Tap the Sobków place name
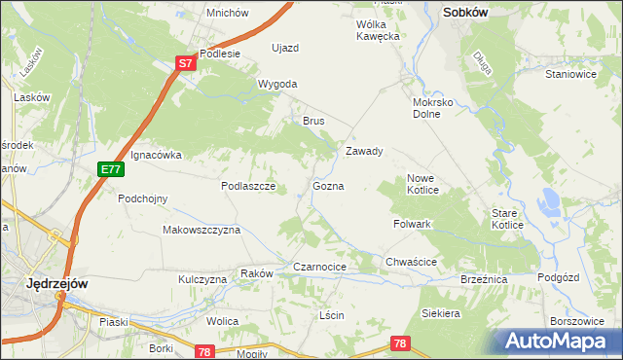464,13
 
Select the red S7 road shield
187,62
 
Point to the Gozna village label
328,185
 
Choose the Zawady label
365,151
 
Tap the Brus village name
312,121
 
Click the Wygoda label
277,84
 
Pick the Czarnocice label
320,266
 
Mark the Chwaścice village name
411,262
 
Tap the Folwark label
413,224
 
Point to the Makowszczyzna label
202,230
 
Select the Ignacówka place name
157,154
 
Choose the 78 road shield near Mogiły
204,352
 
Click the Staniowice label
570,73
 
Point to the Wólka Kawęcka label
379,29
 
